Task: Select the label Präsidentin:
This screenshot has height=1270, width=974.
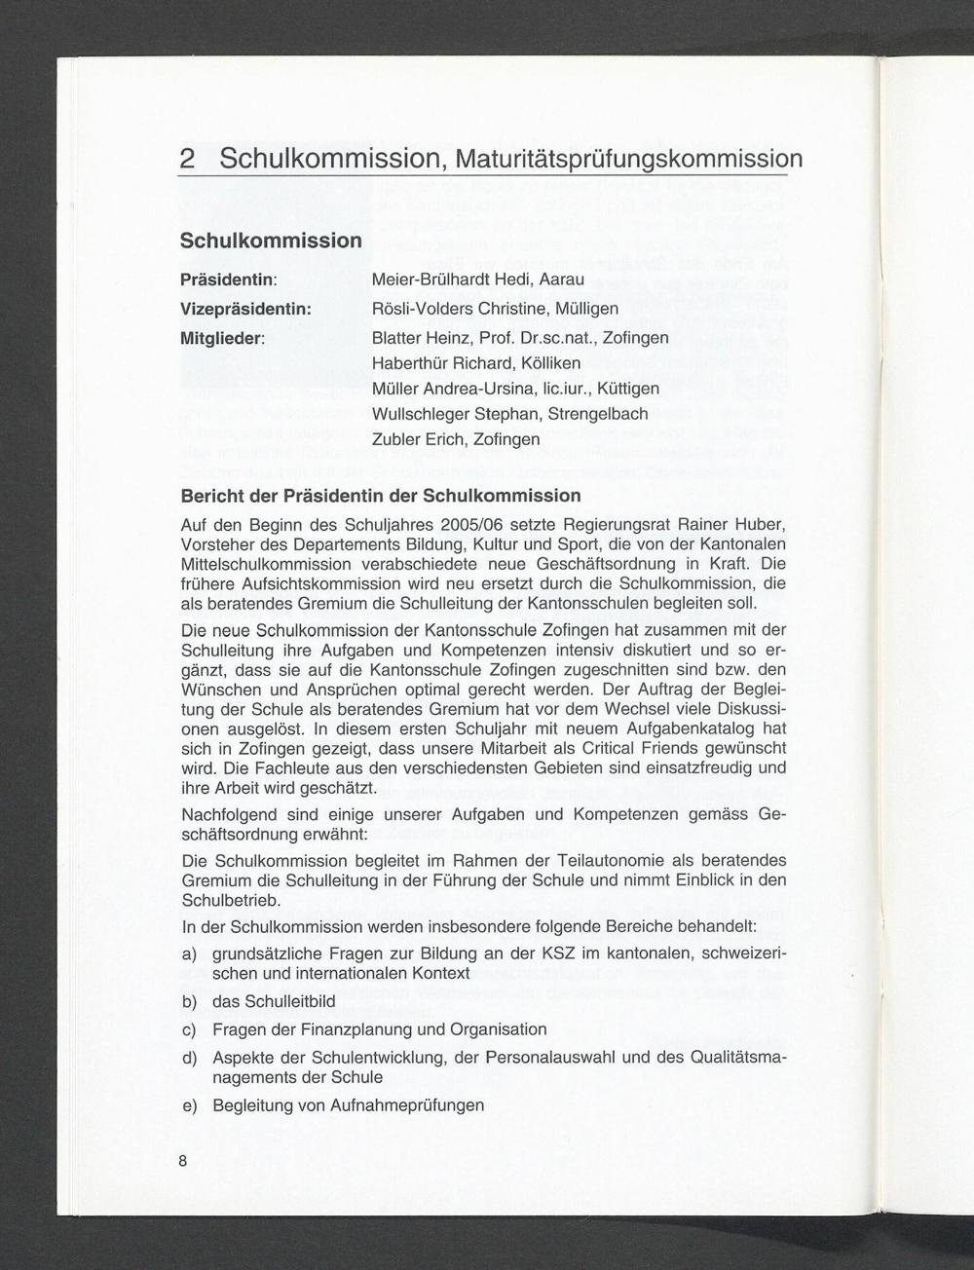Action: (x=230, y=280)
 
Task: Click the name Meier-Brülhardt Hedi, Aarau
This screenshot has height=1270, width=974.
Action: (x=478, y=280)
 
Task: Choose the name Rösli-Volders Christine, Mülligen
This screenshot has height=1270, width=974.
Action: (x=496, y=309)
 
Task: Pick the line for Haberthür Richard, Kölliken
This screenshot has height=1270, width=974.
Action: (x=476, y=363)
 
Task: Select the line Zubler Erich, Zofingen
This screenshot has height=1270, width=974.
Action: (x=456, y=439)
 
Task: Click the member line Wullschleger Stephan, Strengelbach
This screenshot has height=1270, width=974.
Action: (x=510, y=414)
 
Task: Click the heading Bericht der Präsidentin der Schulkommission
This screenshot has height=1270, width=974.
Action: (x=381, y=497)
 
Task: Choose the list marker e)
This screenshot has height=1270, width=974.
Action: (x=190, y=1105)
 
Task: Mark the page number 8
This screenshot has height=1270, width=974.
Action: (x=182, y=1161)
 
